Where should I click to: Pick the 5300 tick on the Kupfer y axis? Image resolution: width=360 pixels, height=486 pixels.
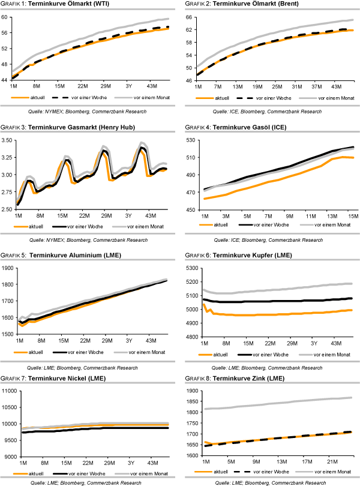click(x=191, y=267)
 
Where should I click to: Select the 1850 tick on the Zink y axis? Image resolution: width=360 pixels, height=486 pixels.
click(x=191, y=391)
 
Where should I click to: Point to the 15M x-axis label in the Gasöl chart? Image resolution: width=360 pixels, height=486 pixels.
click(x=350, y=215)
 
